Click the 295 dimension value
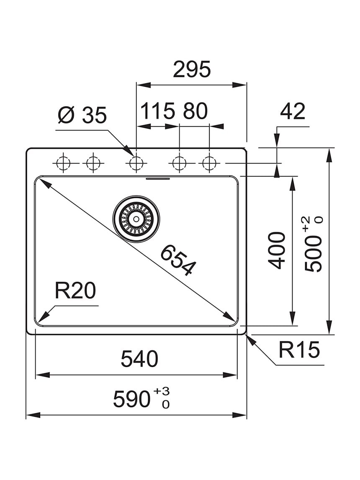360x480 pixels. pos(192,69)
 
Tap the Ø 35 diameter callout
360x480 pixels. pos(82,115)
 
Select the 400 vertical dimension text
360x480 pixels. pos(277,250)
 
